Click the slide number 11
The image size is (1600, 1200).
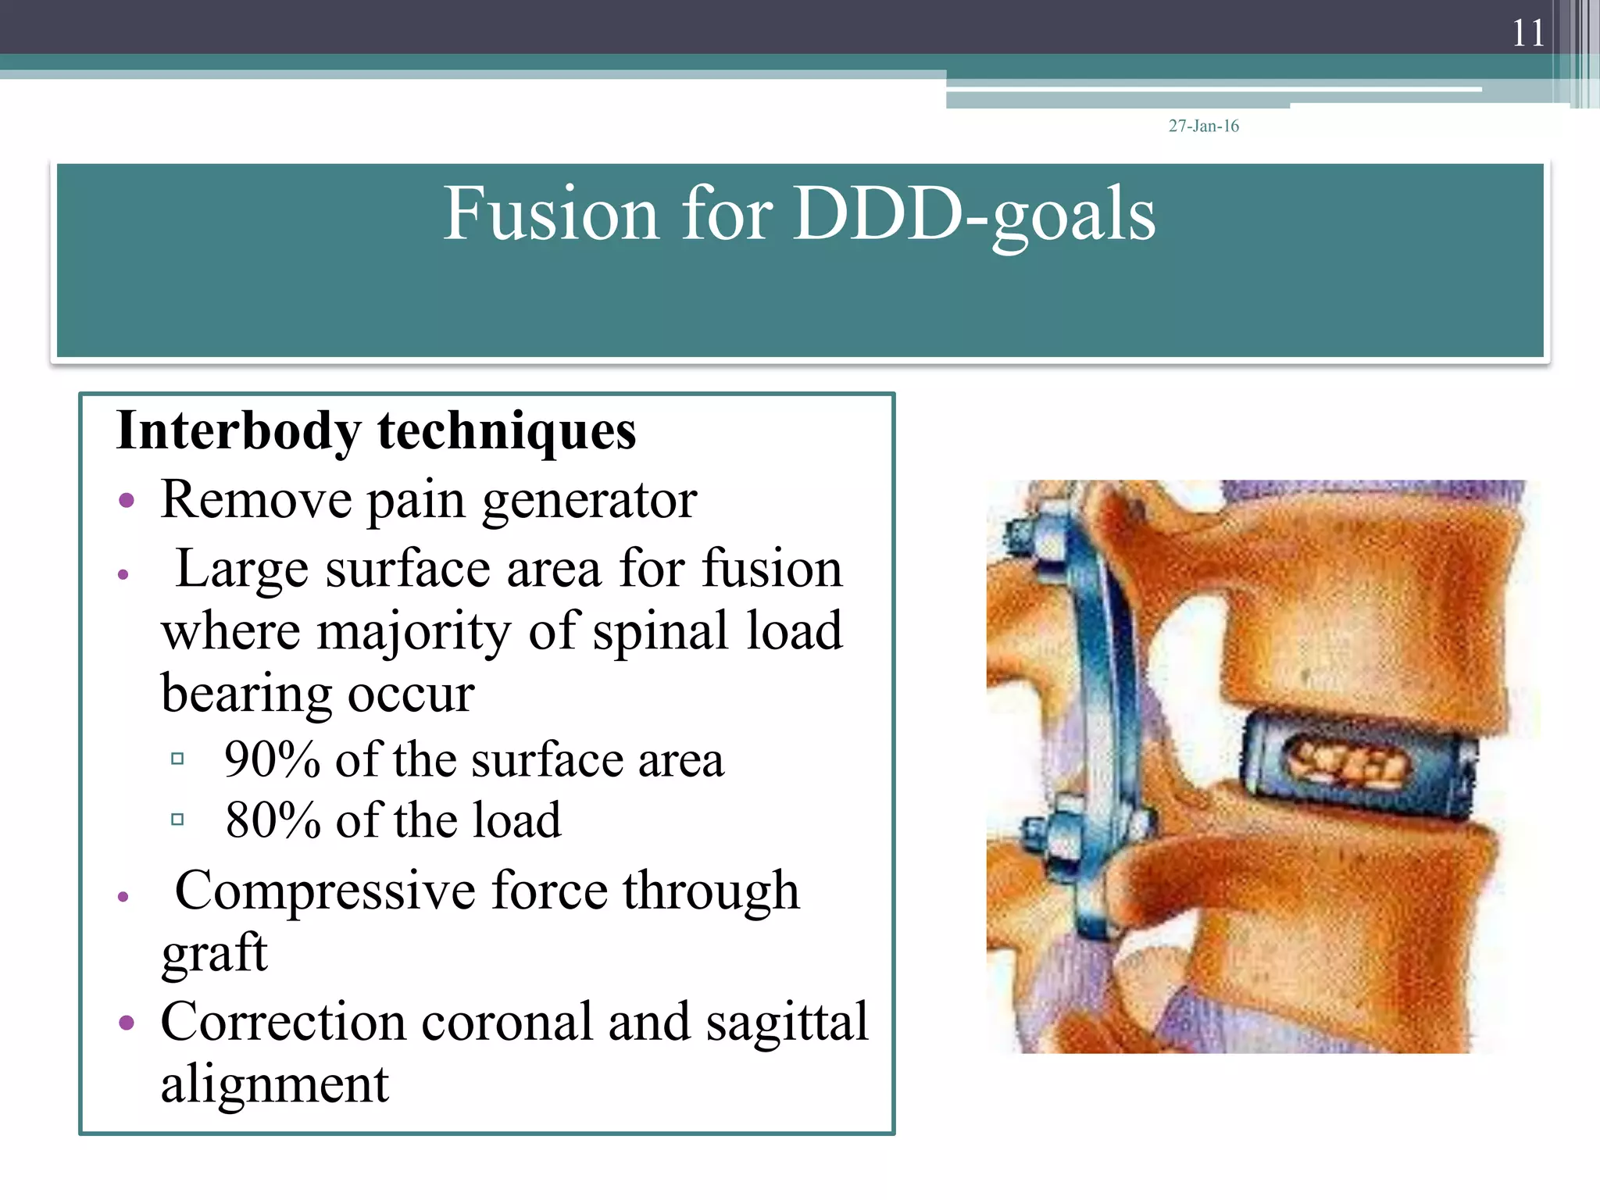(x=1528, y=33)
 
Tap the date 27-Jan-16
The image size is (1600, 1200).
(x=1203, y=126)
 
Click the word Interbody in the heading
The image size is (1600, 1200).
(x=238, y=431)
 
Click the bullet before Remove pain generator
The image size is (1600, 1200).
(x=127, y=500)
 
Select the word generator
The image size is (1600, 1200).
(x=589, y=500)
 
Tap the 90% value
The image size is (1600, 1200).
(x=272, y=759)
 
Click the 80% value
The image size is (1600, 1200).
(x=273, y=820)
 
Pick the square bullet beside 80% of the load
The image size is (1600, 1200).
(x=177, y=820)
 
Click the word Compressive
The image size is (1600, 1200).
(x=325, y=891)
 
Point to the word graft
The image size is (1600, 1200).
(x=214, y=953)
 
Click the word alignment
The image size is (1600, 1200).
(x=274, y=1084)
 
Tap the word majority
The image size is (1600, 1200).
(x=414, y=631)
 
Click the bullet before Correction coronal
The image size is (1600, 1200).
(x=127, y=1023)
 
